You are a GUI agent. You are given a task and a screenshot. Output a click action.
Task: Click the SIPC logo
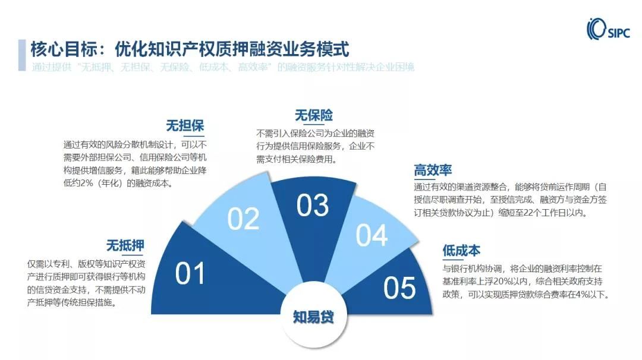(x=608, y=29)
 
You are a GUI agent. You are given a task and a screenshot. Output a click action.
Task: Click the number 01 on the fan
(x=190, y=273)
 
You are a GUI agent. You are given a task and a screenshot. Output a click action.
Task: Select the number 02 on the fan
(x=243, y=219)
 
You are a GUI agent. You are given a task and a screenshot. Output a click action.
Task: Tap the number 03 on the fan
(x=313, y=206)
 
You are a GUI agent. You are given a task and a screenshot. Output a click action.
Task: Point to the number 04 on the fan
(x=372, y=235)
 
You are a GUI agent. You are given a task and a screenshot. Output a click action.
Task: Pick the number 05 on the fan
(x=399, y=288)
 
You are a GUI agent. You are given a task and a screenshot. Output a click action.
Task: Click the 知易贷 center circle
(x=314, y=317)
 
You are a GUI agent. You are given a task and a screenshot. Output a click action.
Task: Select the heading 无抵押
(x=125, y=245)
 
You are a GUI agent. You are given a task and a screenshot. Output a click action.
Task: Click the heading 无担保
(x=185, y=125)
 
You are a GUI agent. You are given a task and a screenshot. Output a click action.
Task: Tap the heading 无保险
(x=314, y=115)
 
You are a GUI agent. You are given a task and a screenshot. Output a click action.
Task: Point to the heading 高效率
(x=433, y=170)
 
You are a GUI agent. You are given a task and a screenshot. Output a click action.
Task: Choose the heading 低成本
(x=461, y=250)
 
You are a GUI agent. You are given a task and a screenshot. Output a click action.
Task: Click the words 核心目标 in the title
(x=64, y=49)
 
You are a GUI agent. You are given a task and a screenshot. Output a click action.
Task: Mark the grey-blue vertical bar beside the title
(x=22, y=55)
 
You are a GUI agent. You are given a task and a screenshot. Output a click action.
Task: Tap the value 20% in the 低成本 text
(x=502, y=282)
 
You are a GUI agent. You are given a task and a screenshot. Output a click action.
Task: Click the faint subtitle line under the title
(x=223, y=67)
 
